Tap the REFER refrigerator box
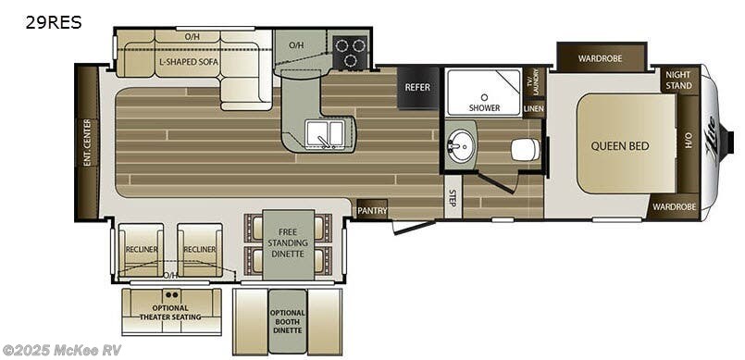pos(416,88)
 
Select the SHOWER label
pos(484,107)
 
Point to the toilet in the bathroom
pos(525,149)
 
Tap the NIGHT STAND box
pos(678,80)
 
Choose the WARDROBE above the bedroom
pos(601,58)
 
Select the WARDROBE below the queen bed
pos(674,206)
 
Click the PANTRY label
pos(372,210)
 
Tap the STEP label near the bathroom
pos(452,199)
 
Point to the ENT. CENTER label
pos(87,142)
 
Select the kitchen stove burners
pos(350,53)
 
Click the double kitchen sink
pos(325,134)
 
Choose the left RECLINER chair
pos(141,249)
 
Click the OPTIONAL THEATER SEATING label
pos(171,313)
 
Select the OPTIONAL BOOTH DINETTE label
pos(288,319)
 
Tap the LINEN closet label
pos(533,108)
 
